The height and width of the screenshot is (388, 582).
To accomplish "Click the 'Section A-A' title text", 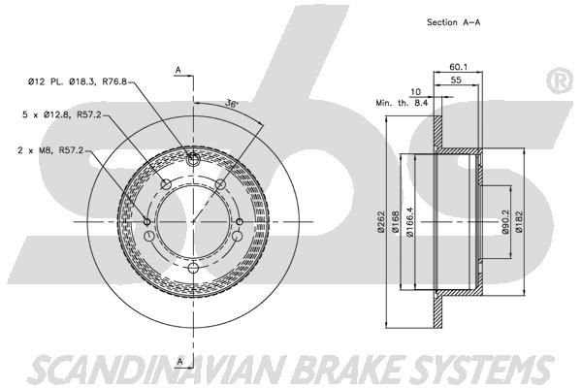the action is pyautogui.click(x=453, y=22).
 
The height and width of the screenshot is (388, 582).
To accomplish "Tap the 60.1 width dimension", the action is pyautogui.click(x=459, y=67).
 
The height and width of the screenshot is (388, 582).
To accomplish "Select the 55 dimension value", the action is pyautogui.click(x=456, y=80).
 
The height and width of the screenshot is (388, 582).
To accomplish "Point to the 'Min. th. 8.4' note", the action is pyautogui.click(x=402, y=103).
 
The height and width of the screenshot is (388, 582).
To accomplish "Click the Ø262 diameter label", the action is pyautogui.click(x=380, y=222).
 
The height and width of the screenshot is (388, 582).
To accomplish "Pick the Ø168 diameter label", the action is pyautogui.click(x=395, y=222).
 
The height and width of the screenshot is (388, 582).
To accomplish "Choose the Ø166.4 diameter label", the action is pyautogui.click(x=409, y=222).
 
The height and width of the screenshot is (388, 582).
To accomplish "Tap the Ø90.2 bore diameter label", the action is pyautogui.click(x=504, y=222).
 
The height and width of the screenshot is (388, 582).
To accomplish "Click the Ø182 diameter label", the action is pyautogui.click(x=519, y=222).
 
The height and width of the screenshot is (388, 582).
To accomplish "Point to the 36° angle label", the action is pyautogui.click(x=231, y=103).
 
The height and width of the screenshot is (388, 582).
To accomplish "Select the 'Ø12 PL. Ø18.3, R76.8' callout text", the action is pyautogui.click(x=78, y=81).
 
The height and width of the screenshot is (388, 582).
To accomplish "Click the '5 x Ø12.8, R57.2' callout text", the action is pyautogui.click(x=62, y=114).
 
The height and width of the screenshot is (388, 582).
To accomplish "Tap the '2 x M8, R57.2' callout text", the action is pyautogui.click(x=50, y=150).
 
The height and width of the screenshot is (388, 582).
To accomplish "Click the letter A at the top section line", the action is pyautogui.click(x=178, y=70).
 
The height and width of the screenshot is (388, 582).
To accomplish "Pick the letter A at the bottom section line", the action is pyautogui.click(x=179, y=361).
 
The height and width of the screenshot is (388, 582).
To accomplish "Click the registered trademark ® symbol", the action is pyautogui.click(x=560, y=81).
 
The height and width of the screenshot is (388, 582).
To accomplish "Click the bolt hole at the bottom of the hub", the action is pyautogui.click(x=193, y=268).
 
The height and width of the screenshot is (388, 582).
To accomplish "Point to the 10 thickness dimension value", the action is pyautogui.click(x=416, y=92).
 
